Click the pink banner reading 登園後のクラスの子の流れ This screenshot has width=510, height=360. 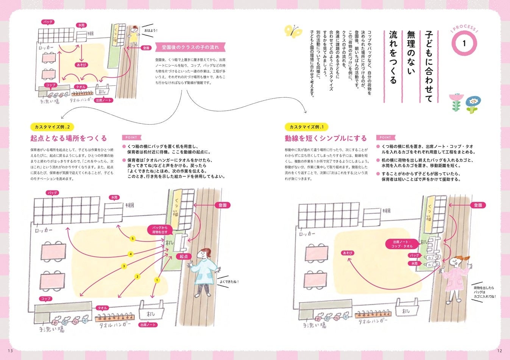coord(190,47)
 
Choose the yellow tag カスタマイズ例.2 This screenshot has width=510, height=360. coord(52,127)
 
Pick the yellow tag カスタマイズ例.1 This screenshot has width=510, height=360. coord(307,127)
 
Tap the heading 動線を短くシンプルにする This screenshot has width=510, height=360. coord(326,138)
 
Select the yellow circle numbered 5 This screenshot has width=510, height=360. coord(132,238)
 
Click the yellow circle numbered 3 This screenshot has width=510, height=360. coord(124,266)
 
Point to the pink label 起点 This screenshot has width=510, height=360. coord(184,256)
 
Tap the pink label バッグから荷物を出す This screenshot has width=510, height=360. coord(159,230)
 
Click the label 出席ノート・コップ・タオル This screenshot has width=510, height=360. coord(402,244)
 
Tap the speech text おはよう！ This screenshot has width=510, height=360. coord(150,30)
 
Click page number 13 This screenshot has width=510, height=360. coord(10,351)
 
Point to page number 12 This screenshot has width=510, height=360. coord(499,351)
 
